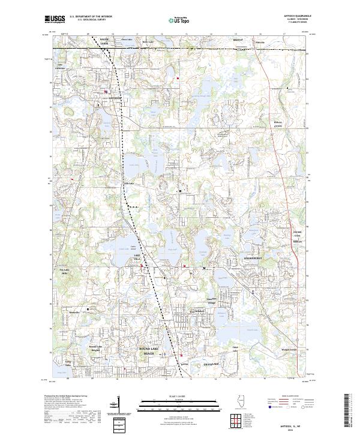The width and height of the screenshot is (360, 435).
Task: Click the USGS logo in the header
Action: tap(55, 19)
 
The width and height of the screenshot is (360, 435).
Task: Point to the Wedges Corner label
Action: tap(289, 350)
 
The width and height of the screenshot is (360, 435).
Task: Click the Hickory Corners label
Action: tap(278, 124)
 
